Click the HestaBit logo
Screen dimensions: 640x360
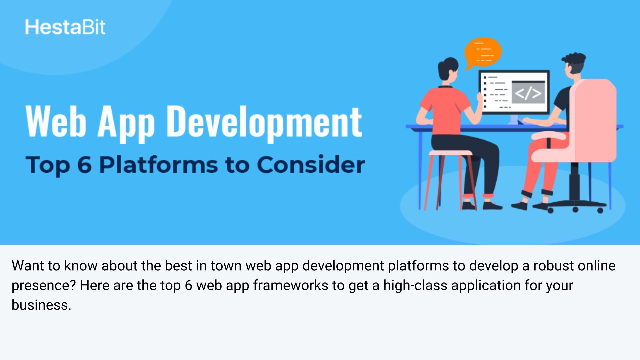click(x=65, y=27)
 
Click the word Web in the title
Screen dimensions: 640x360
click(x=56, y=121)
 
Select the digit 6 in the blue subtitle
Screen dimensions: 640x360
click(x=84, y=165)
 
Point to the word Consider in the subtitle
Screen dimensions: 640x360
click(x=311, y=164)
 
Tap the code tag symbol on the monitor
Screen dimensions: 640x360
click(x=528, y=93)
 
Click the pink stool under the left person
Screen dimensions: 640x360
click(x=450, y=180)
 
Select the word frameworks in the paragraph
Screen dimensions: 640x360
click(x=290, y=285)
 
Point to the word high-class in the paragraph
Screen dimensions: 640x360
click(x=415, y=285)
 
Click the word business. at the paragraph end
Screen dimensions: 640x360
click(x=41, y=305)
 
